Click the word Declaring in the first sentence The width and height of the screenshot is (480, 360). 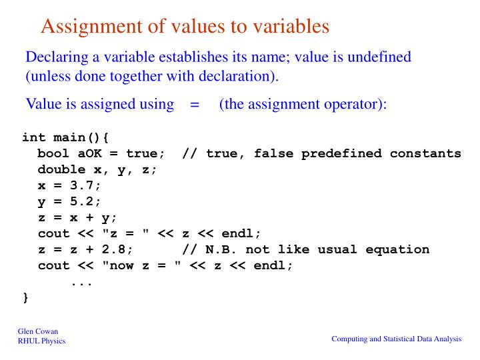(x=56, y=57)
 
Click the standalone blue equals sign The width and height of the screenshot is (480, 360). (x=195, y=105)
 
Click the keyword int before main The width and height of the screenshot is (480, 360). (x=34, y=137)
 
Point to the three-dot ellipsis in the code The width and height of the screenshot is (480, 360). (x=81, y=283)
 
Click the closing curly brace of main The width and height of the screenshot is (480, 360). (x=25, y=297)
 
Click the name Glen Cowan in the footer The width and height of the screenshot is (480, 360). (x=36, y=332)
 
